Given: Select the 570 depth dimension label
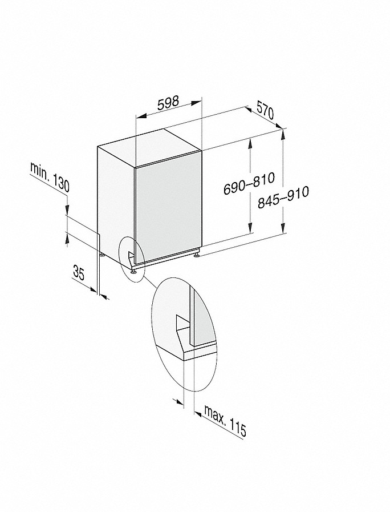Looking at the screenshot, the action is (265, 110).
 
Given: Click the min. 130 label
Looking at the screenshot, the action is (50, 177).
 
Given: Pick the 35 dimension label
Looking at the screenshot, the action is (79, 273).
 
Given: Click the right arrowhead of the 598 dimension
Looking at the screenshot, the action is (196, 103).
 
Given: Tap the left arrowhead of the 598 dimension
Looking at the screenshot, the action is (140, 116).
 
